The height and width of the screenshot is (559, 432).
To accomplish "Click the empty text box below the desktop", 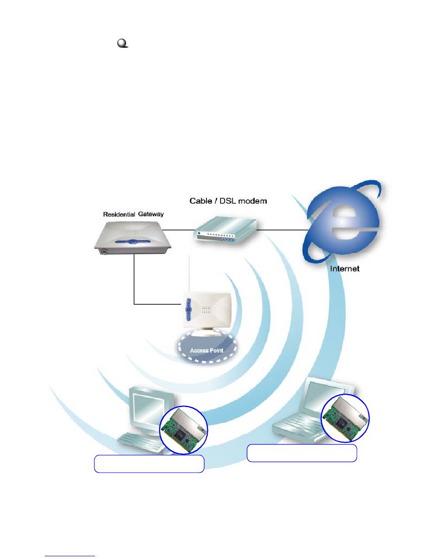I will (149, 464).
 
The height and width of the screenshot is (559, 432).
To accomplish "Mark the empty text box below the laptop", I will (301, 453).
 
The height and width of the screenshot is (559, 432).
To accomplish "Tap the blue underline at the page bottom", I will (70, 556).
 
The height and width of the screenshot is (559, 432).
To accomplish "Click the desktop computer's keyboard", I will (139, 443).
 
